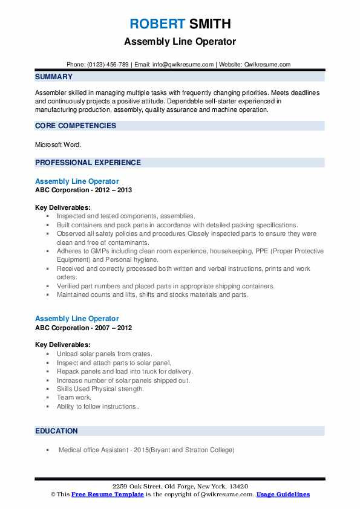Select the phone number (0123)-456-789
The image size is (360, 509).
[106, 64]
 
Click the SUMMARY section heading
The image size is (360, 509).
[54, 77]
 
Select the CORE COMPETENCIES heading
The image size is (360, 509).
[76, 126]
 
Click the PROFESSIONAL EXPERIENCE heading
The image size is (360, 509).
[88, 163]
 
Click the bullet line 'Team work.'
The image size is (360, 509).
[74, 398]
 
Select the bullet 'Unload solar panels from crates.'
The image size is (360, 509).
[104, 354]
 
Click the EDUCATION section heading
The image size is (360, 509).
[56, 431]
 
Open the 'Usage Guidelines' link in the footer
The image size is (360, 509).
[283, 494]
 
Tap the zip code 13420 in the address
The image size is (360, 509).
[238, 487]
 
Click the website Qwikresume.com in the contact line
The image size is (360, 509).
[267, 64]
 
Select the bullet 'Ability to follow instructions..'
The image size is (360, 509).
[99, 407]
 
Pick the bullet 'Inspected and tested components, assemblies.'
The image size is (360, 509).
[126, 216]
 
